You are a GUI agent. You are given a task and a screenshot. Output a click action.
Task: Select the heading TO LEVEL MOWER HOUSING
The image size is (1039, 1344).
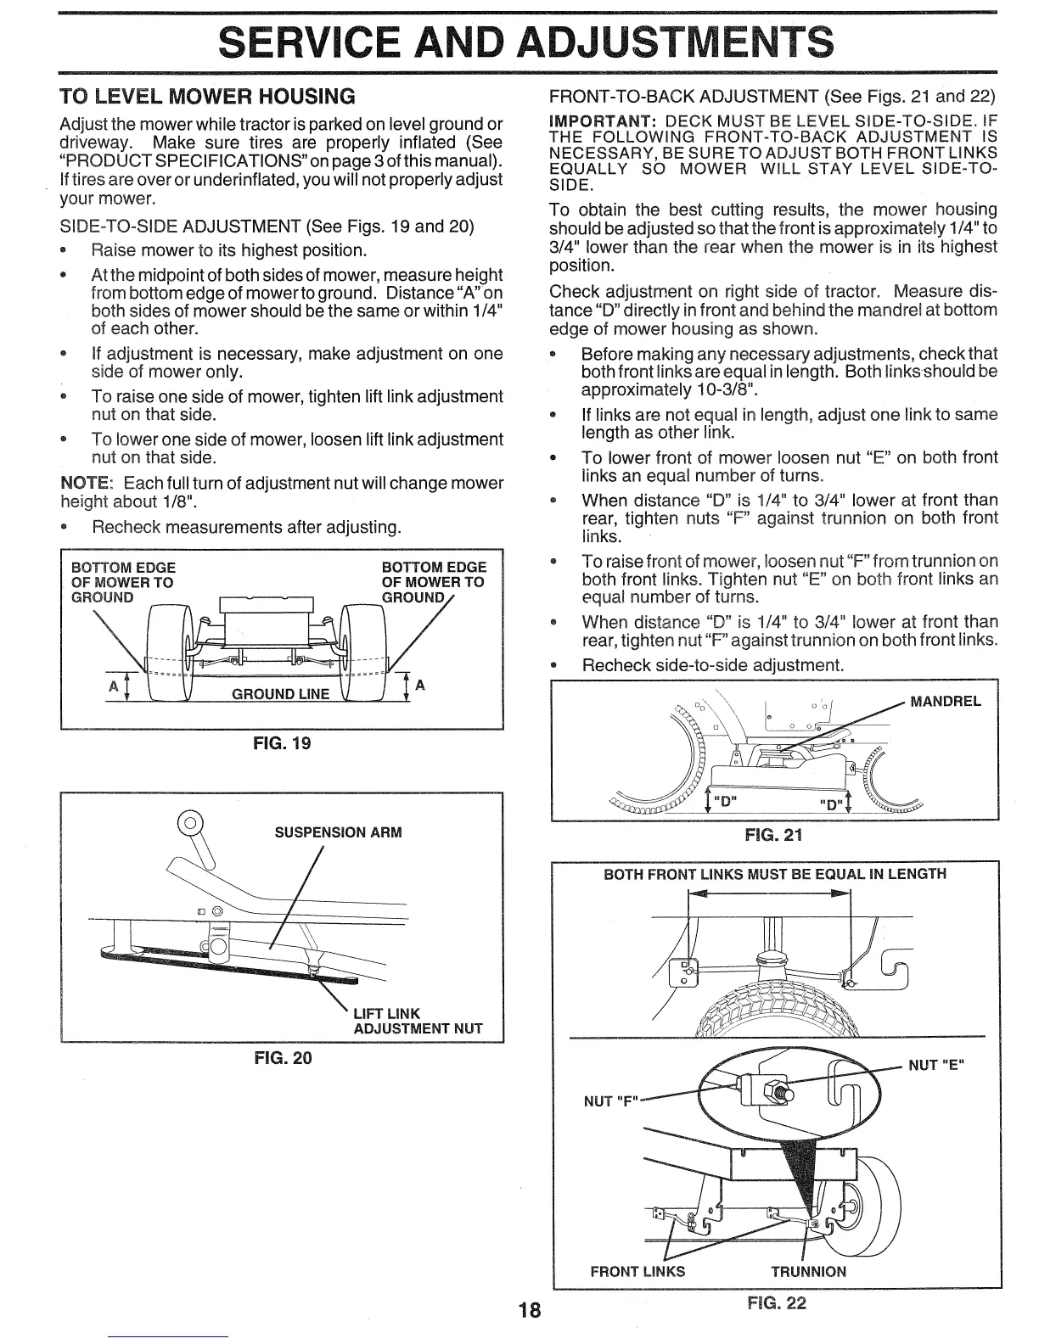coord(206,93)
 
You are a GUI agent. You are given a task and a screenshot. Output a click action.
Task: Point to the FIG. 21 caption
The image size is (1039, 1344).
coord(772,836)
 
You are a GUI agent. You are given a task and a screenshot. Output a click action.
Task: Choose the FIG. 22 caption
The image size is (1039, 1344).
coord(776,1303)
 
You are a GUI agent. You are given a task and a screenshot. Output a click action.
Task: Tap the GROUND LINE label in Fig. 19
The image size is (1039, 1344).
coord(280,694)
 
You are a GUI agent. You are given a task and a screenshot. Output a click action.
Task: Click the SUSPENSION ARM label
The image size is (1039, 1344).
coord(338,832)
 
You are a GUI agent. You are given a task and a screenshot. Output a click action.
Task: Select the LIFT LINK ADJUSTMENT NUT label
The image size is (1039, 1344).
coord(417,1021)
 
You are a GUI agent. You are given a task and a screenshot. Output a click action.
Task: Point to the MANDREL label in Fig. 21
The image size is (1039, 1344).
coord(945,701)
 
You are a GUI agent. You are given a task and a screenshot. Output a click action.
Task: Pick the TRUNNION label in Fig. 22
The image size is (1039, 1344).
coord(808,1271)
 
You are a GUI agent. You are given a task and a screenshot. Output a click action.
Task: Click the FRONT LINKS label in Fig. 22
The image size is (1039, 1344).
coord(637,1271)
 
